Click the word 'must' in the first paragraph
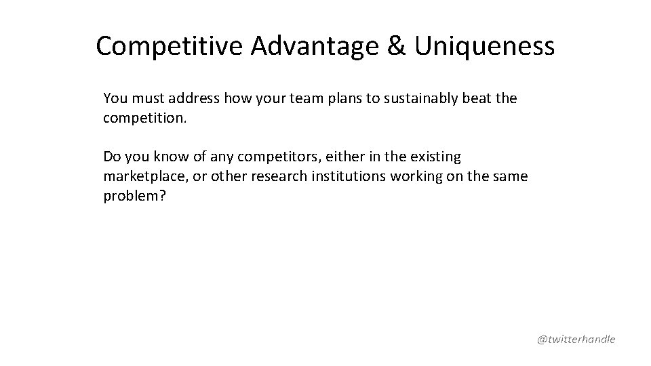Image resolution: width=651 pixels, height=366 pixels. coord(143,98)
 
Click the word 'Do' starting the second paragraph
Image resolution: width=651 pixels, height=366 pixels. coord(112,157)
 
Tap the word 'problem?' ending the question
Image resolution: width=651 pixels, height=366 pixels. coord(132,197)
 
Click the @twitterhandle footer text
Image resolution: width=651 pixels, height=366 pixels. coord(576,339)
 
